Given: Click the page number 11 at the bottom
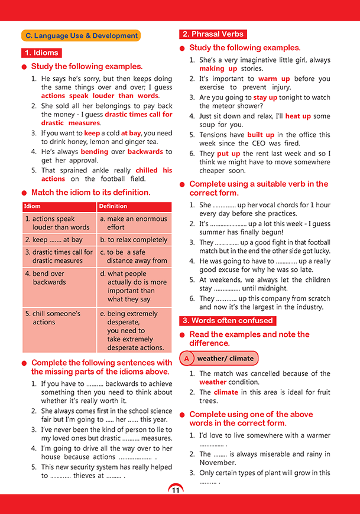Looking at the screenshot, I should [x=176, y=490].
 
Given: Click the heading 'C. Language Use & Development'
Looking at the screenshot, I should [x=80, y=35].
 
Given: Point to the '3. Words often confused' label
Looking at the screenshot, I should [x=228, y=321].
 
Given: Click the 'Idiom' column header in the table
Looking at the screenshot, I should [x=33, y=206].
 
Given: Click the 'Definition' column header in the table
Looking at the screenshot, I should [x=113, y=206].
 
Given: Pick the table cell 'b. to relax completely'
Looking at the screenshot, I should [x=134, y=240].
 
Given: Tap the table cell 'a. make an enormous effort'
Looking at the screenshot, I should [x=134, y=223].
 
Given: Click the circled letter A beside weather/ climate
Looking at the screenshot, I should [x=187, y=359].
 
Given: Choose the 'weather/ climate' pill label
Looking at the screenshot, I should [x=225, y=359].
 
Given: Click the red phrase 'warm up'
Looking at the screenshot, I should [x=274, y=79].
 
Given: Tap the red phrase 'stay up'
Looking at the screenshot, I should [x=265, y=97].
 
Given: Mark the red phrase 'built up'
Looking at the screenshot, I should [x=261, y=135].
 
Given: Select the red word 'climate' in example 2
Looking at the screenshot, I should [x=226, y=392].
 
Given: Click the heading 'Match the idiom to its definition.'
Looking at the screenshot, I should [x=90, y=192].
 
